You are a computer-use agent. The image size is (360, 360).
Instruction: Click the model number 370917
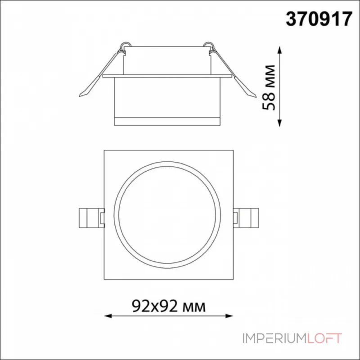(319, 19)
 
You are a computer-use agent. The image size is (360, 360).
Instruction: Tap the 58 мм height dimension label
(269, 87)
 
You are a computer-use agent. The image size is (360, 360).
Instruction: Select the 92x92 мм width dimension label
(169, 306)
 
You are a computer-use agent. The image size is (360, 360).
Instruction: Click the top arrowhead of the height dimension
(279, 50)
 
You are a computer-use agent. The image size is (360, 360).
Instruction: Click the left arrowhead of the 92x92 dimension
(108, 316)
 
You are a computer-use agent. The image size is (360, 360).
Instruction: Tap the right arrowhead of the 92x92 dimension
(229, 316)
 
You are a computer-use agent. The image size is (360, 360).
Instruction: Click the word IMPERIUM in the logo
(274, 338)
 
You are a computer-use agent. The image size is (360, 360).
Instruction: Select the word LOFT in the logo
(323, 338)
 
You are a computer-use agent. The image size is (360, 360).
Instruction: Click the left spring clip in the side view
(100, 73)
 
